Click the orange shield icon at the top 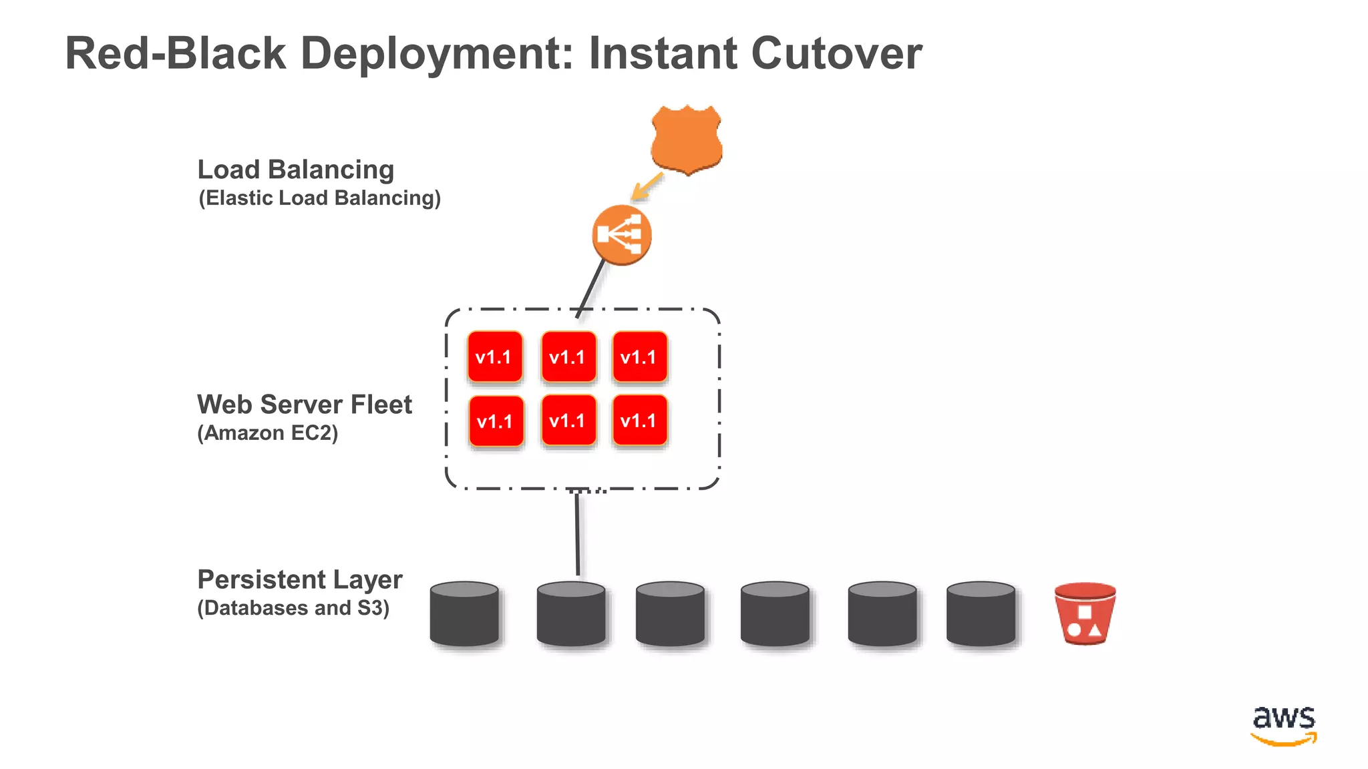pos(687,139)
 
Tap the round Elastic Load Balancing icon pos(621,235)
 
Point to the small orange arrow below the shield pos(646,187)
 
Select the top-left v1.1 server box pos(495,357)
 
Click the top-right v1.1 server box pos(639,357)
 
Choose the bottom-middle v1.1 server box pos(568,421)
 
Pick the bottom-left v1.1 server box pos(496,422)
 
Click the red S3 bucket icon pos(1085,613)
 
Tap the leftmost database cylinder pos(464,613)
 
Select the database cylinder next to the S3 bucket pos(981,613)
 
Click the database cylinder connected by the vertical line pos(571,613)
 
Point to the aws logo pos(1284,724)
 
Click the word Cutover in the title pos(836,53)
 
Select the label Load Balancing pos(296,170)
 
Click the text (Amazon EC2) pos(268,433)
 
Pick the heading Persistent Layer pos(300,579)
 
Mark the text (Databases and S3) pos(293,608)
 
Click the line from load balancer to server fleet pos(591,288)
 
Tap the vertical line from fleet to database pos(577,534)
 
